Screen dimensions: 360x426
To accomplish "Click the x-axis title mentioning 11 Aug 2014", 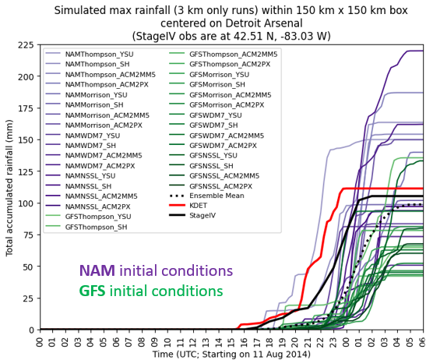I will pos(231,354).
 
